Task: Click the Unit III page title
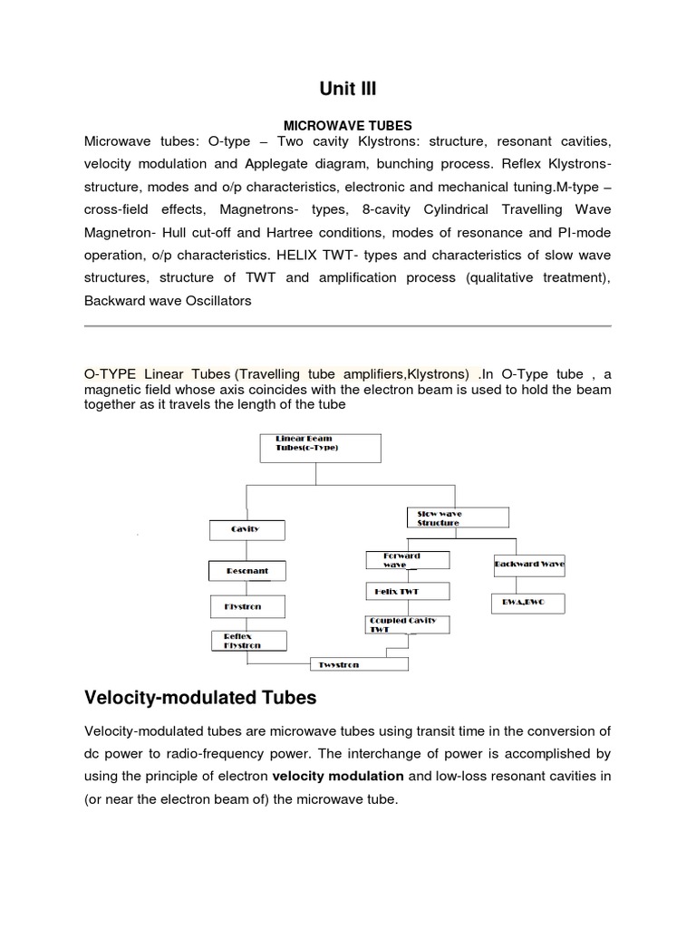(x=348, y=88)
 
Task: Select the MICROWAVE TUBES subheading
(x=348, y=125)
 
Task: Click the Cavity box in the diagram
(x=246, y=530)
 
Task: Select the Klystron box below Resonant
(x=246, y=605)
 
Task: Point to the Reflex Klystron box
(x=248, y=641)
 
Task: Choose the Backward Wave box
(x=529, y=564)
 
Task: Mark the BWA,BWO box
(x=529, y=602)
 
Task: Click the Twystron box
(x=358, y=664)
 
